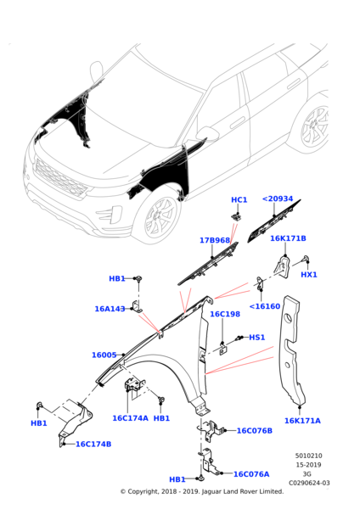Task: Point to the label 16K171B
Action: pos(288,238)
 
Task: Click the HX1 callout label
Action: pos(309,275)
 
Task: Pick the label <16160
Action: pos(264,306)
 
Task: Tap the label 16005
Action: pos(104,355)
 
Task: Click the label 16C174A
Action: pos(130,417)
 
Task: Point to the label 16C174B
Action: pos(93,444)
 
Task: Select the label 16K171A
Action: pos(302,420)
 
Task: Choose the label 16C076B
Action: pos(254,430)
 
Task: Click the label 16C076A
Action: pos(251,474)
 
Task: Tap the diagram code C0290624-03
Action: pos(309,483)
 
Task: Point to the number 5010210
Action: pos(308,456)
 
